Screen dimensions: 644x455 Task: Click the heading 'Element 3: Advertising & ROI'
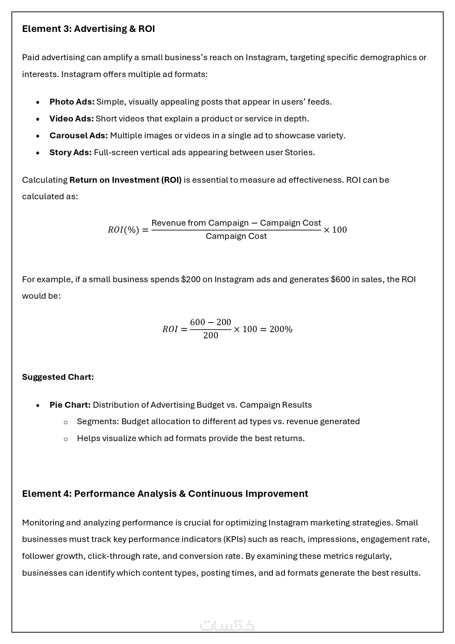point(88,29)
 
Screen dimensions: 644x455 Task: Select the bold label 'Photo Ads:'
point(72,102)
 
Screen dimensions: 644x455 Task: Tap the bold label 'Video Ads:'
point(71,119)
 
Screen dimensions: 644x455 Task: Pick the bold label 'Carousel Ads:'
point(78,135)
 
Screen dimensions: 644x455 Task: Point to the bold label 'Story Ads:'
point(70,152)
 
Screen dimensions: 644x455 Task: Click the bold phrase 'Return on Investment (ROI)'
point(125,180)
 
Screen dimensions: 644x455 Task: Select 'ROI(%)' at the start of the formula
point(123,230)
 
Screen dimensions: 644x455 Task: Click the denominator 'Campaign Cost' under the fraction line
point(236,236)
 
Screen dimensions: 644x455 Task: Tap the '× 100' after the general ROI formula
point(335,230)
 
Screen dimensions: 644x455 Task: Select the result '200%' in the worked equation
point(281,329)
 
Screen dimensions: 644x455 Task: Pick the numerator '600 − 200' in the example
point(210,322)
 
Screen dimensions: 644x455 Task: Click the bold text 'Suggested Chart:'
point(58,377)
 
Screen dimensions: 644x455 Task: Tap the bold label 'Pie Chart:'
point(70,405)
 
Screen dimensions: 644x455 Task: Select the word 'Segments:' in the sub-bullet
point(98,421)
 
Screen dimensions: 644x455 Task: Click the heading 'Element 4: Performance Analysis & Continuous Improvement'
point(165,494)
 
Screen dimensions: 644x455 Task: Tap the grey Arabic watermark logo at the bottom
point(227,625)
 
